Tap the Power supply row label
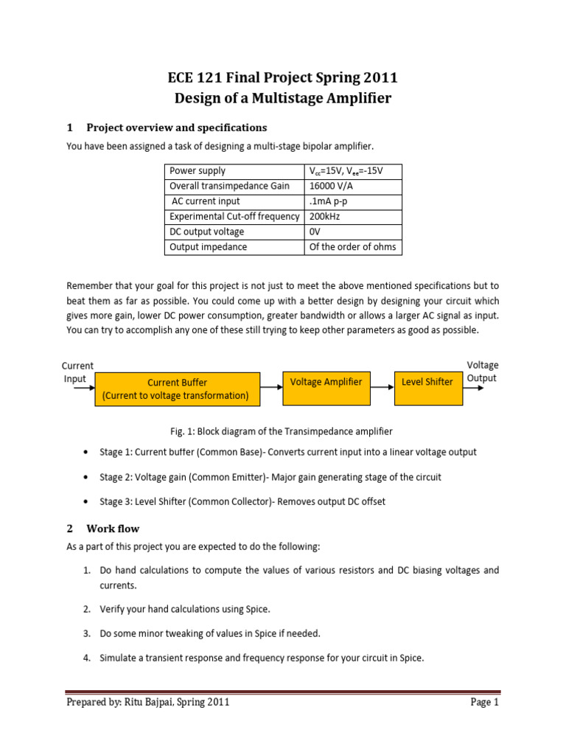198,170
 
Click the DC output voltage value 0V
315,232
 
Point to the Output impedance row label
209,247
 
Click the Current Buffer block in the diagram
177,389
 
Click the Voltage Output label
483,372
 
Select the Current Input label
77,372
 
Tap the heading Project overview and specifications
176,128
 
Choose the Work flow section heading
113,529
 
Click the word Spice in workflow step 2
258,609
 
